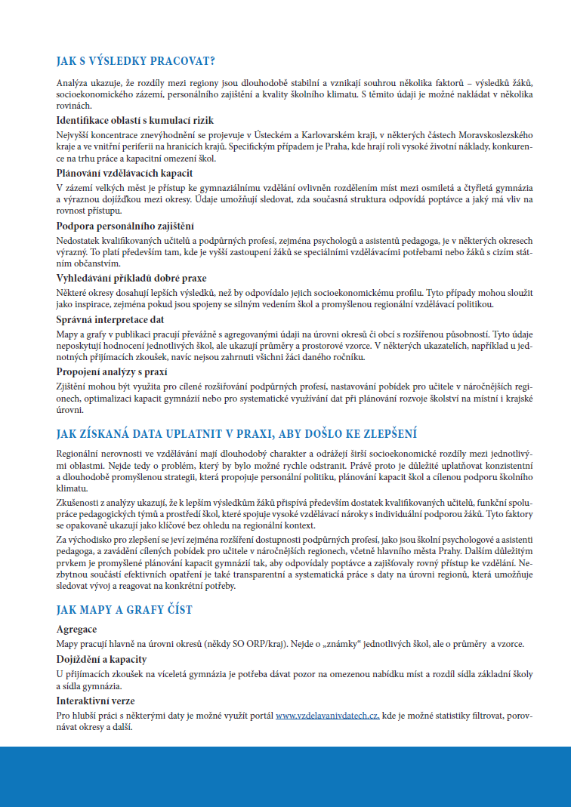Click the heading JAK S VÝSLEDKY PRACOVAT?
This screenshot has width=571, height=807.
(135, 61)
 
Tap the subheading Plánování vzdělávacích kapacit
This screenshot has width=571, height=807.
(125, 174)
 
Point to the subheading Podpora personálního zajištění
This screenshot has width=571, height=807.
(125, 226)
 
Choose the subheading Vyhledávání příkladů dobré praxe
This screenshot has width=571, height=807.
(131, 279)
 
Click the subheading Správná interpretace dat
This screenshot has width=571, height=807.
(110, 319)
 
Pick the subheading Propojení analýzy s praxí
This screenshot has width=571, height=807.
(112, 371)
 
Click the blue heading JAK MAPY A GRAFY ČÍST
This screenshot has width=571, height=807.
(124, 609)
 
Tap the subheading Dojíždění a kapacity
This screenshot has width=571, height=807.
(101, 660)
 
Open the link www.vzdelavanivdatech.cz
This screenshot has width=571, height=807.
(327, 715)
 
